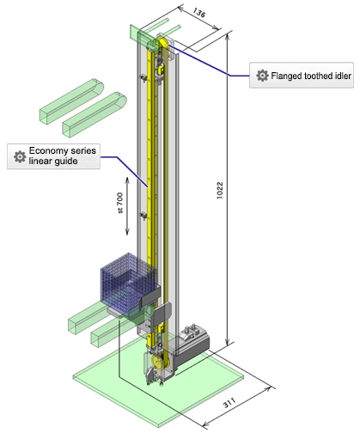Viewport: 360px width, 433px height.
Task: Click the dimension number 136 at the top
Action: [x=199, y=13]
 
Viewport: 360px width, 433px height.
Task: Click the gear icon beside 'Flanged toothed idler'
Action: [x=263, y=76]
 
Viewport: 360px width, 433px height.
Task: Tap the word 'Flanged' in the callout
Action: [x=289, y=76]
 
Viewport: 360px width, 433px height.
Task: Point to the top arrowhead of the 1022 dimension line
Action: [x=229, y=36]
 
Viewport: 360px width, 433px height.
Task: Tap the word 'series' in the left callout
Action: [x=85, y=151]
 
